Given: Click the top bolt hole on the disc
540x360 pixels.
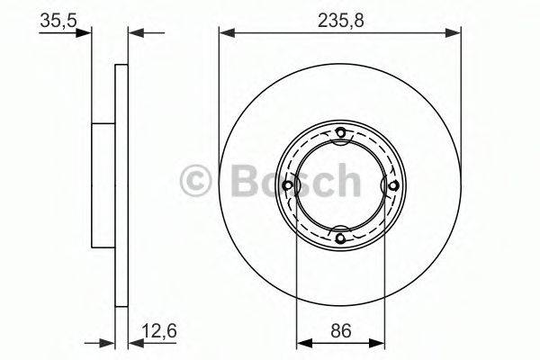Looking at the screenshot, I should (x=340, y=135).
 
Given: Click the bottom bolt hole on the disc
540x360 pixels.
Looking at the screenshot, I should (x=340, y=237).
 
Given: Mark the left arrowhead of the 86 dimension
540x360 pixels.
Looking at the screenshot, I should (x=302, y=342).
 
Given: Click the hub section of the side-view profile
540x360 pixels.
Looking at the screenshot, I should (x=103, y=185).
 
